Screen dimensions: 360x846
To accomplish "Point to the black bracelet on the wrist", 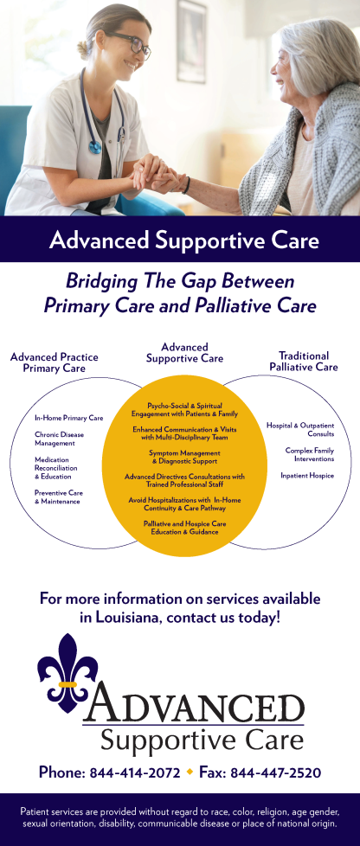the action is pyautogui.click(x=186, y=186).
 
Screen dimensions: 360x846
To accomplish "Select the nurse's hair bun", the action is pyautogui.click(x=82, y=49).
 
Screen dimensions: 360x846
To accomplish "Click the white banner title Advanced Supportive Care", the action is pyautogui.click(x=183, y=240).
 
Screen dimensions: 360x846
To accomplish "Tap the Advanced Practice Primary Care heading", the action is pyautogui.click(x=54, y=362).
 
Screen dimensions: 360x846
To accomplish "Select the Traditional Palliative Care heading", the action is pyautogui.click(x=304, y=362).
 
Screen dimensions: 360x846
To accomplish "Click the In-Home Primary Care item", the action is pyautogui.click(x=68, y=418).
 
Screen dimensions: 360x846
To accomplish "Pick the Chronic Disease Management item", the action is pyautogui.click(x=60, y=439).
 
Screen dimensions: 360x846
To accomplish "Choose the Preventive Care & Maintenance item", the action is pyautogui.click(x=59, y=497).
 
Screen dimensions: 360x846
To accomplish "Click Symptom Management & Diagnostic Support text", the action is pyautogui.click(x=184, y=457).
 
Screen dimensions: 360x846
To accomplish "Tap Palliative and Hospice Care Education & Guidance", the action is pyautogui.click(x=184, y=528).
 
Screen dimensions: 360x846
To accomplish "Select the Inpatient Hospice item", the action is pyautogui.click(x=307, y=476).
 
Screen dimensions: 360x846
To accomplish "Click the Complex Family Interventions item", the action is pyautogui.click(x=310, y=454).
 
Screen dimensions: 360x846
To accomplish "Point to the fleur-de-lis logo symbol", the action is pyautogui.click(x=67, y=673).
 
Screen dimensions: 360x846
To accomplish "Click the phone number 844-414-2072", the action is pyautogui.click(x=134, y=772).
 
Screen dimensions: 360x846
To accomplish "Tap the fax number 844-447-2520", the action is pyautogui.click(x=275, y=772).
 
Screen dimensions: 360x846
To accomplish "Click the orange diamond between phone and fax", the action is pyautogui.click(x=190, y=772).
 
